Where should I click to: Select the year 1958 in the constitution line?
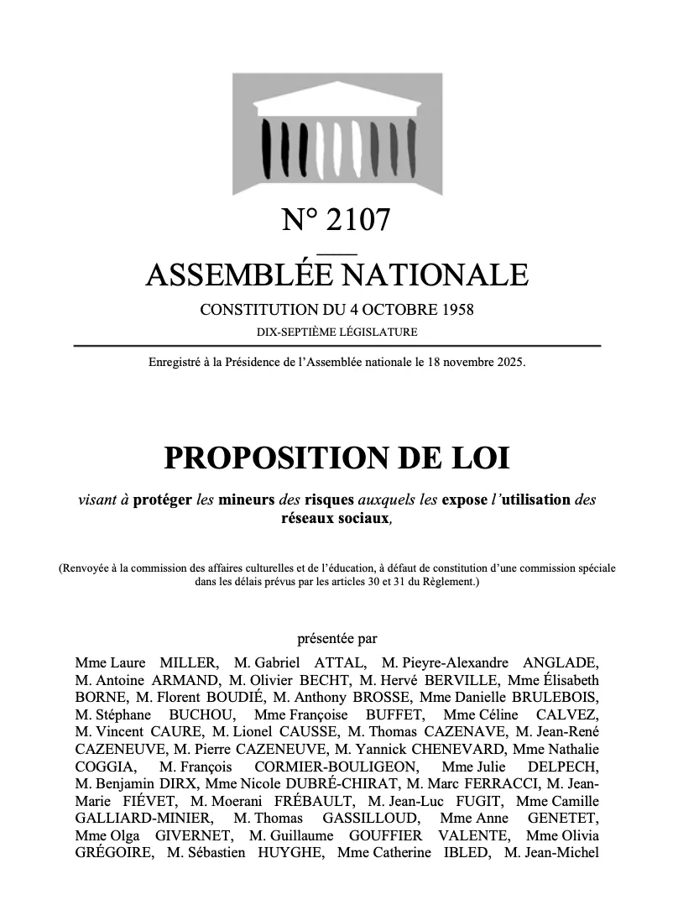455,310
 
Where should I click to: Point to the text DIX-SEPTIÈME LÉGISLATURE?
336,332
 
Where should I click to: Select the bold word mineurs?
247,500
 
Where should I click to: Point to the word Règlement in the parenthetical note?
451,581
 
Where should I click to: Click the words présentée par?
337,637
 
